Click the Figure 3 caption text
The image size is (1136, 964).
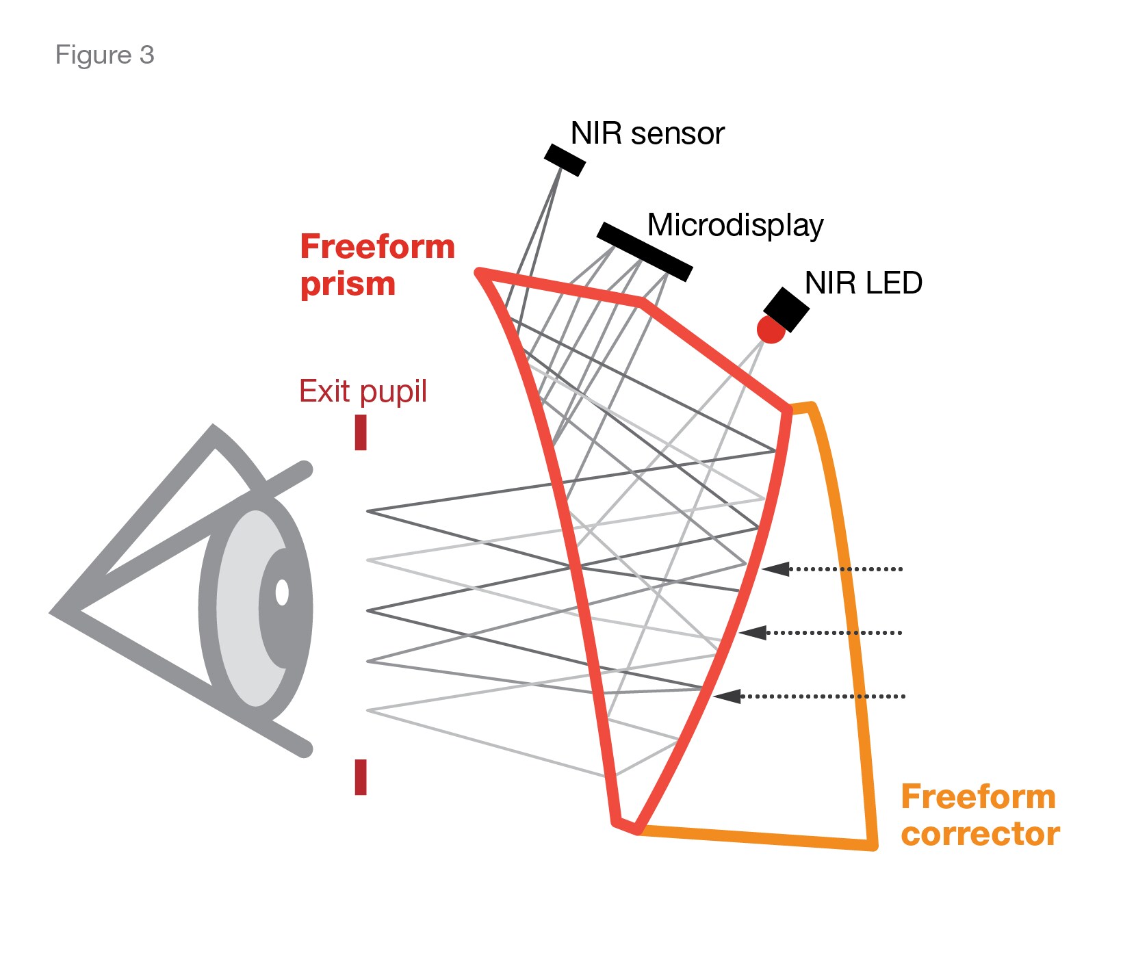pyautogui.click(x=104, y=55)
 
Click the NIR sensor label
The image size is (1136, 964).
pyautogui.click(x=647, y=133)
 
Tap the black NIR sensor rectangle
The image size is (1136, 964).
pyautogui.click(x=565, y=159)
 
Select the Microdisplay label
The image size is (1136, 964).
pyautogui.click(x=735, y=225)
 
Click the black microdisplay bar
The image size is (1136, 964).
pyautogui.click(x=644, y=251)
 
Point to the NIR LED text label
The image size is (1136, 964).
pyautogui.click(x=863, y=283)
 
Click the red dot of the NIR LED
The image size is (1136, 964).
pyautogui.click(x=771, y=330)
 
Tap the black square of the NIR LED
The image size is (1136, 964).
pyautogui.click(x=787, y=309)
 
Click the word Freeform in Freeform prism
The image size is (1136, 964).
pyautogui.click(x=377, y=246)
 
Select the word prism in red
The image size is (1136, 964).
pyautogui.click(x=348, y=284)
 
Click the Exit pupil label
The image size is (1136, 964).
pyautogui.click(x=363, y=391)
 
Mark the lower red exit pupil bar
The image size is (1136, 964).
pyautogui.click(x=361, y=777)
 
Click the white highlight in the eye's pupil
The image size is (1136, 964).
pyautogui.click(x=281, y=592)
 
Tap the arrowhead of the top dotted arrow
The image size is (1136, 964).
pyautogui.click(x=775, y=569)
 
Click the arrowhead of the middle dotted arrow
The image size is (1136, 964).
pyautogui.click(x=753, y=632)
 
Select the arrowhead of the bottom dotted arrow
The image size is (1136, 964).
pyautogui.click(x=727, y=696)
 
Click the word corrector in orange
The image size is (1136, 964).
pyautogui.click(x=980, y=834)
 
